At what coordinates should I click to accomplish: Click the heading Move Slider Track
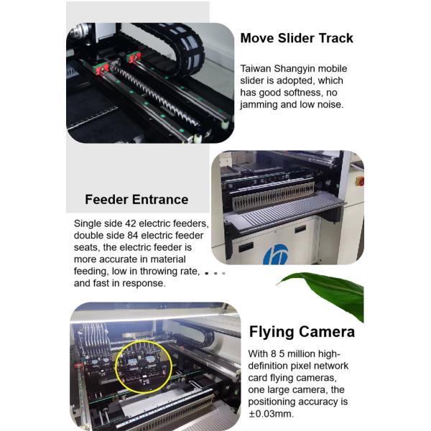(297, 38)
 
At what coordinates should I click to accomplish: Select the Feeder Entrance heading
(136, 199)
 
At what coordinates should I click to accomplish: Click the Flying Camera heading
(302, 332)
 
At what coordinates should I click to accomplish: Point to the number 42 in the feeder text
(131, 223)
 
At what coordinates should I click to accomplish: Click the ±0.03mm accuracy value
(271, 414)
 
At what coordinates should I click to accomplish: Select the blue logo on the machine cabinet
(275, 254)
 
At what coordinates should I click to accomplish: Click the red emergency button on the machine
(361, 182)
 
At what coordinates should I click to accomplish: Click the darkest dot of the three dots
(207, 273)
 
